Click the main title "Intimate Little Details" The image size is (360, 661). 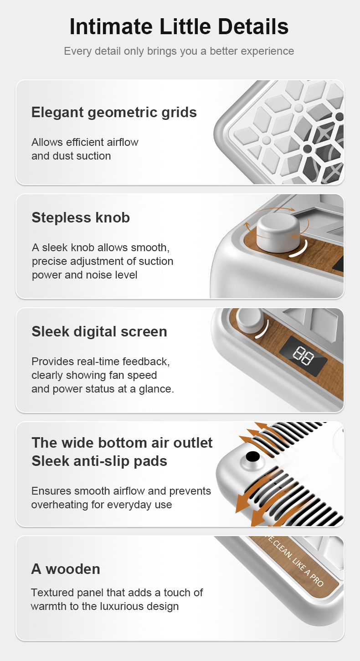click(x=179, y=26)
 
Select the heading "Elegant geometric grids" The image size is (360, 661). click(x=114, y=113)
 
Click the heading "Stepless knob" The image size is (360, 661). click(x=81, y=218)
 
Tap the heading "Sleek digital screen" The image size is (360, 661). click(x=99, y=331)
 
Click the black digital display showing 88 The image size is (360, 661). click(x=303, y=355)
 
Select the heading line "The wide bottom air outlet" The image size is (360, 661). click(x=122, y=443)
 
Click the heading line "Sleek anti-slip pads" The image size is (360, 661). click(x=99, y=461)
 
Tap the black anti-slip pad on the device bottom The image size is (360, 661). click(x=252, y=457)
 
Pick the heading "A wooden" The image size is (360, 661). click(x=66, y=569)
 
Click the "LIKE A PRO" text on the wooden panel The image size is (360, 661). click(x=308, y=572)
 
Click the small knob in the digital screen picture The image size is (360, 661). click(x=250, y=320)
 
